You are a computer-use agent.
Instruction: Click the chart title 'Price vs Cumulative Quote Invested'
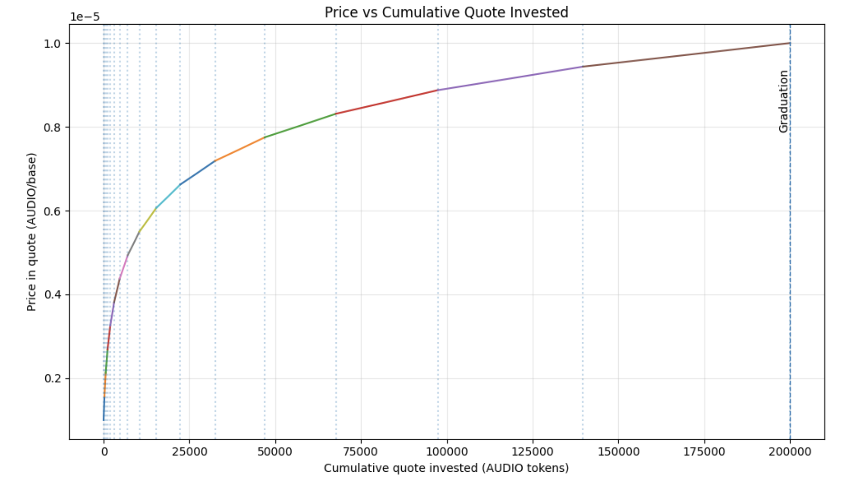pyautogui.click(x=446, y=12)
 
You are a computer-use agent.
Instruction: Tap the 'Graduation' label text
pyautogui.click(x=784, y=101)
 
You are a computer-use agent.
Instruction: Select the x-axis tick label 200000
pyautogui.click(x=790, y=452)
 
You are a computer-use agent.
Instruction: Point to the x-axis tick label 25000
pyautogui.click(x=189, y=452)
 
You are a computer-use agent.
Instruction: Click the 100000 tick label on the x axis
pyautogui.click(x=447, y=452)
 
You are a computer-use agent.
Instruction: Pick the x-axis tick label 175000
pyautogui.click(x=704, y=452)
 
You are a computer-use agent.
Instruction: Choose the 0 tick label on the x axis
pyautogui.click(x=104, y=452)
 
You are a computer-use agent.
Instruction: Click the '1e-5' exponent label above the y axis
pyautogui.click(x=85, y=17)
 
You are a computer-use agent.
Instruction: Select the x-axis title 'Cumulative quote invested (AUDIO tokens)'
pyautogui.click(x=446, y=468)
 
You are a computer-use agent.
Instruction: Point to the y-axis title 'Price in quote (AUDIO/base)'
pyautogui.click(x=31, y=232)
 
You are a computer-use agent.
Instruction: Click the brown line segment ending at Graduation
pyautogui.click(x=685, y=55)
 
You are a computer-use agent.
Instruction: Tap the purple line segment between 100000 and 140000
pyautogui.click(x=510, y=78)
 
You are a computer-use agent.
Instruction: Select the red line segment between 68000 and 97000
pyautogui.click(x=388, y=102)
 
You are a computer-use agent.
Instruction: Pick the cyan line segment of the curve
pyautogui.click(x=168, y=196)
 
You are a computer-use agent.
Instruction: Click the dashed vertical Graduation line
pyautogui.click(x=790, y=284)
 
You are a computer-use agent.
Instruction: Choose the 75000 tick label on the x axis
pyautogui.click(x=361, y=452)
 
